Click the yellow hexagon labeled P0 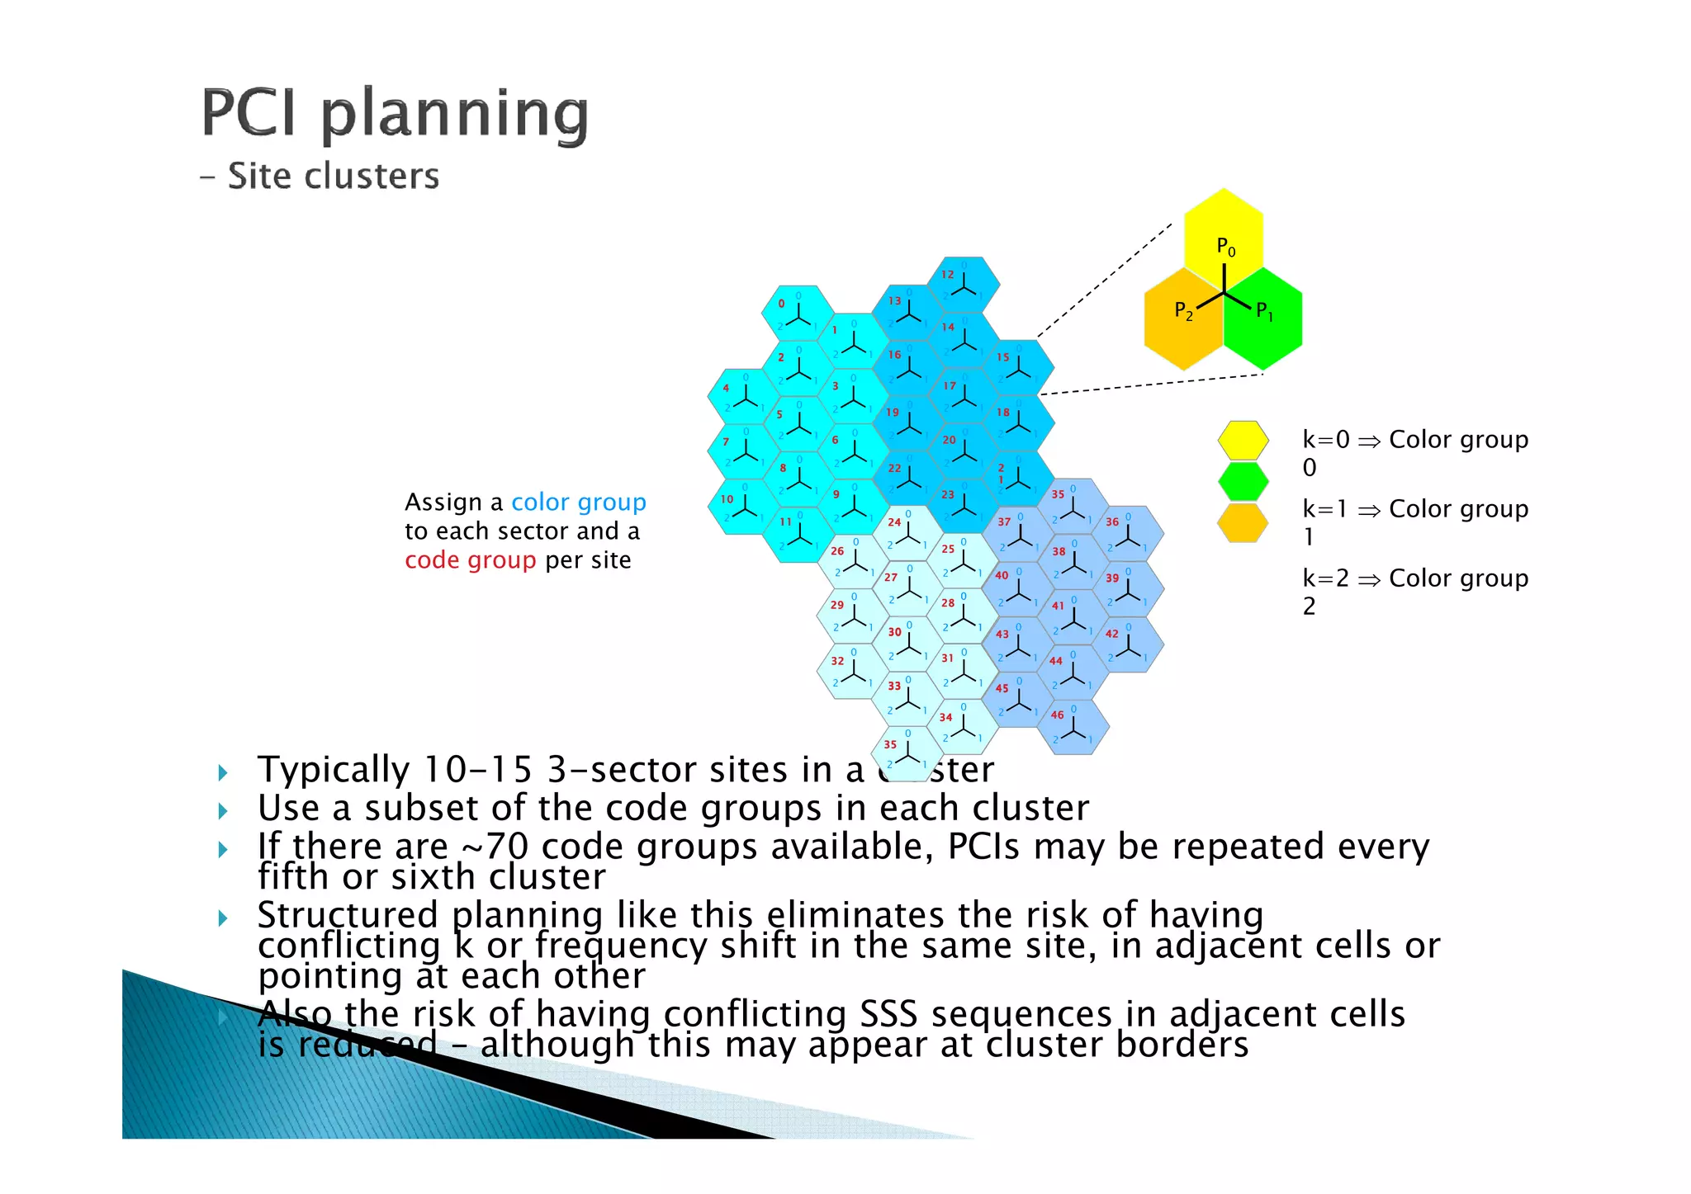pos(1223,231)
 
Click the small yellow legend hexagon pos(1243,440)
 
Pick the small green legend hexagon pos(1243,482)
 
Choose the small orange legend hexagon pos(1243,523)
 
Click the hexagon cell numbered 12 pos(963,285)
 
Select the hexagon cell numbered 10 pos(743,507)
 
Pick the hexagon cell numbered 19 pos(908,423)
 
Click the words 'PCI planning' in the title pos(395,114)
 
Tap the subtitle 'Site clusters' pos(333,177)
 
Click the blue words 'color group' pos(578,502)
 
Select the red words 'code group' pos(470,560)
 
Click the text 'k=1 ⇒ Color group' pos(1415,509)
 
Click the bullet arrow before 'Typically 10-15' pos(223,772)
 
